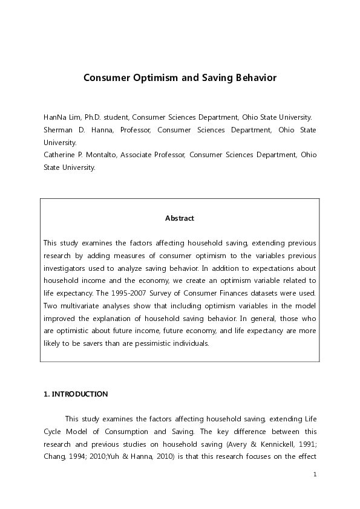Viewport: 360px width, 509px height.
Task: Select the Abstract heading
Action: [x=180, y=218]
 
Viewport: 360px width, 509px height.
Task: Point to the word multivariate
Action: [x=81, y=306]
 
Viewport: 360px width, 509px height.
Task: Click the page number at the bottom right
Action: [x=315, y=475]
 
